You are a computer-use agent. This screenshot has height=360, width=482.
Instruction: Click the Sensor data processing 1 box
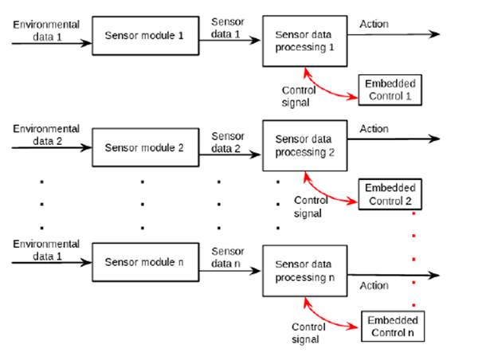point(304,41)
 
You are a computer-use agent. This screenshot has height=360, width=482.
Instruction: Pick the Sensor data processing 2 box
point(304,145)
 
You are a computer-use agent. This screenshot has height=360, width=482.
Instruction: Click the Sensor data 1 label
point(227,29)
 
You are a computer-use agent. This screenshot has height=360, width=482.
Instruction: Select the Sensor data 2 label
point(227,143)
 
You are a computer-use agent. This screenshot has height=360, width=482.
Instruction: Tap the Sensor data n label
point(227,256)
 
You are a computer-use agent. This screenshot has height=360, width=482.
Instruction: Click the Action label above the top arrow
point(374,24)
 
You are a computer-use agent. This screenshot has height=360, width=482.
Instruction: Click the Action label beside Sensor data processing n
point(374,285)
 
